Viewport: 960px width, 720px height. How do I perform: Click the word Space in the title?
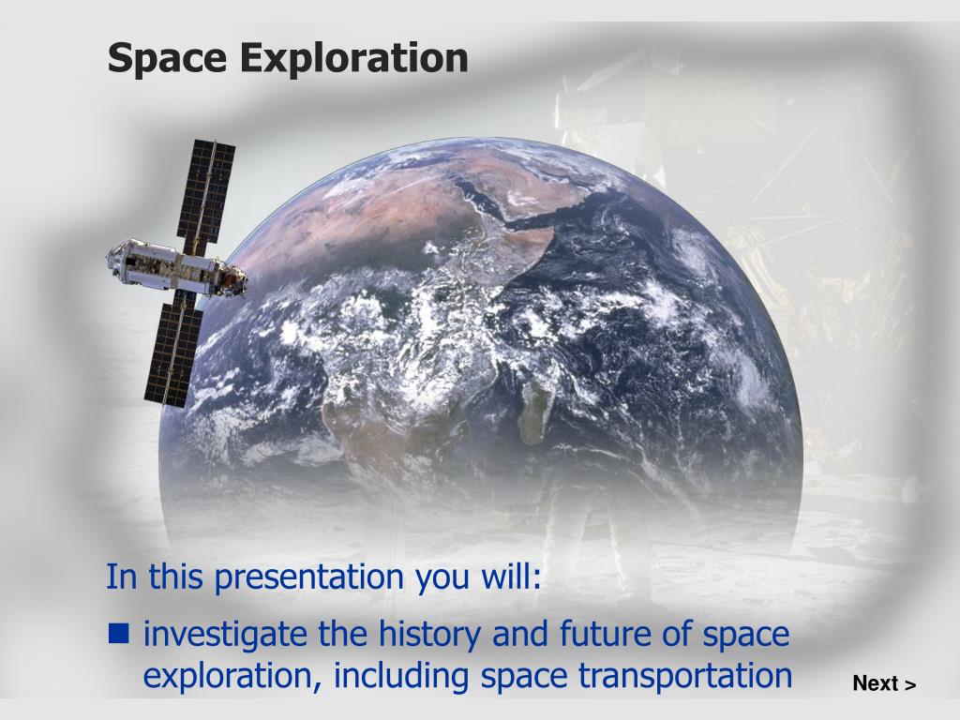pos(167,59)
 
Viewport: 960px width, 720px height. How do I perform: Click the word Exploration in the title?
pos(353,57)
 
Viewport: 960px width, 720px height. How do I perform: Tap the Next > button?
pos(884,683)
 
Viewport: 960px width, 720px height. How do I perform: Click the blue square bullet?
pos(119,633)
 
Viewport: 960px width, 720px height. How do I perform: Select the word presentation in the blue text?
pos(309,577)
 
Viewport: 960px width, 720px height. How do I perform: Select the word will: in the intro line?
pos(511,576)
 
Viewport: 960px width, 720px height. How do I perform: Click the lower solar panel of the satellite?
pos(174,354)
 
